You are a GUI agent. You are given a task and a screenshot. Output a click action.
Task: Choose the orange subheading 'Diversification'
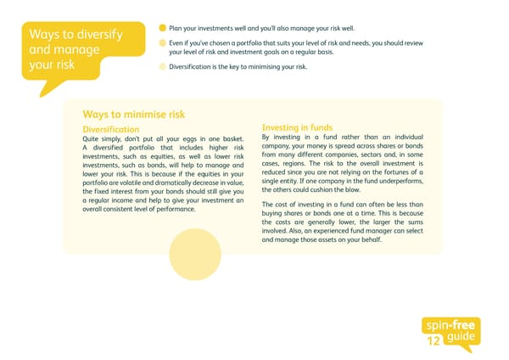pyautogui.click(x=117, y=129)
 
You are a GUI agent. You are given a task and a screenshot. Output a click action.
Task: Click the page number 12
pyautogui.click(x=435, y=342)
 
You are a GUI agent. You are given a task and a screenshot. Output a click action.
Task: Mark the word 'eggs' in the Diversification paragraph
pyautogui.click(x=171, y=139)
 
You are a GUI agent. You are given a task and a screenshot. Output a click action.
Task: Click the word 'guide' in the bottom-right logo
pyautogui.click(x=465, y=339)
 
